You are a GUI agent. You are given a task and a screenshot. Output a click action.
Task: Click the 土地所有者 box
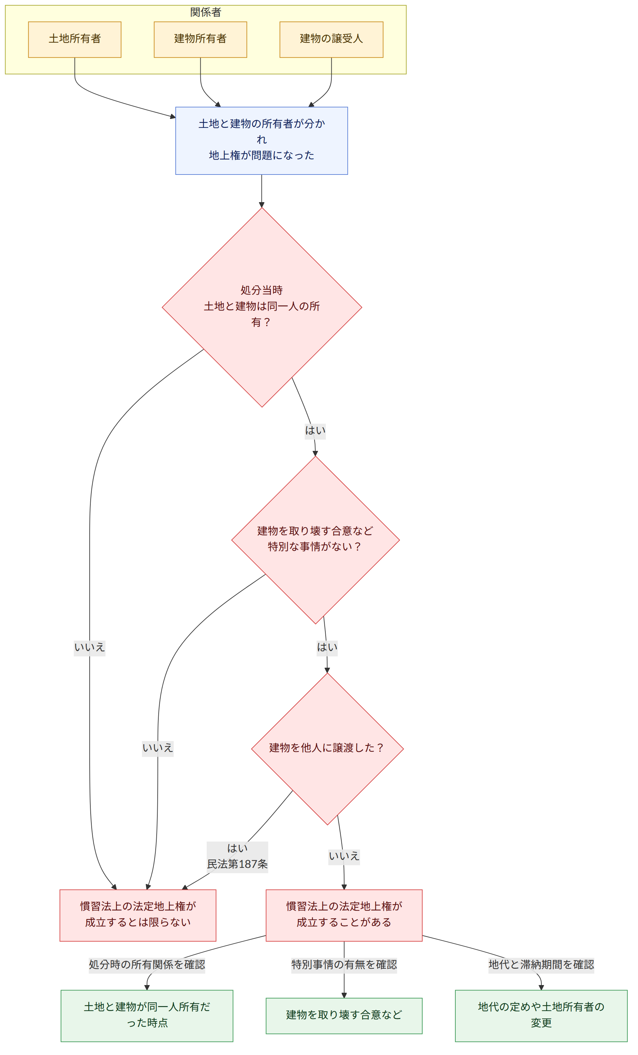point(75,39)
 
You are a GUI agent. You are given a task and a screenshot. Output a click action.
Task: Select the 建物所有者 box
point(200,39)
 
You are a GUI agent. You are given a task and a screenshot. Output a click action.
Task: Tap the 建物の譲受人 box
point(331,39)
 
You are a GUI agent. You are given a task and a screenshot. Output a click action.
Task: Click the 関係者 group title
point(206,12)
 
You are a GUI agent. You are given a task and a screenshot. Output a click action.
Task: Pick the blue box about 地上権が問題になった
point(261,141)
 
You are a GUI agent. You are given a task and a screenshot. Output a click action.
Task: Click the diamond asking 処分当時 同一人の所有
point(262,307)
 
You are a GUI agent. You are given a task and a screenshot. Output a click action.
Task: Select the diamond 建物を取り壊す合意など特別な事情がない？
point(315,539)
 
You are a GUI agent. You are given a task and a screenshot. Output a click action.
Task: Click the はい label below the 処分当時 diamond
point(315,430)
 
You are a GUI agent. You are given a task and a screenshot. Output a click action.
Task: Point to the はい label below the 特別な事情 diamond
point(327,647)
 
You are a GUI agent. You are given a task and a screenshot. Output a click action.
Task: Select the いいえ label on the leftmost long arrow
point(90,647)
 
